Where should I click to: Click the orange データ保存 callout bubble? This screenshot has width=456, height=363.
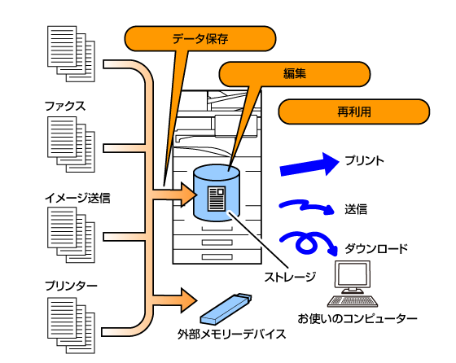click(200, 38)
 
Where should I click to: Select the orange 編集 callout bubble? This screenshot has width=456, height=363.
click(294, 74)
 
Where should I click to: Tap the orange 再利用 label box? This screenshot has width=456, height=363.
click(354, 112)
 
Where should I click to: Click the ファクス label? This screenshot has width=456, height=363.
click(65, 106)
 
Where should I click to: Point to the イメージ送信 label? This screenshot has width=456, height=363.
click(77, 198)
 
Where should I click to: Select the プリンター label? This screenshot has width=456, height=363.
click(71, 286)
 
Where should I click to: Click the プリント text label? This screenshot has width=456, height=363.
click(365, 160)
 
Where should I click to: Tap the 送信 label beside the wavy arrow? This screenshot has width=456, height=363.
click(356, 209)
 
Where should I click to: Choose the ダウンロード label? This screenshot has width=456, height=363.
click(376, 249)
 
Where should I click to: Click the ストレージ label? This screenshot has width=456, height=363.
click(290, 277)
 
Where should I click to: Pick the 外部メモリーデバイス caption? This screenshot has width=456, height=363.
click(232, 335)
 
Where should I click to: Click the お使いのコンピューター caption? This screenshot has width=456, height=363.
click(357, 319)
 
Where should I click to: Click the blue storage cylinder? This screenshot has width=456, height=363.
click(217, 193)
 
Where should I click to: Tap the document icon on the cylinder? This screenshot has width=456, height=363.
click(217, 199)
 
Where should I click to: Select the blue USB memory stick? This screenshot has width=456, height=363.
click(226, 309)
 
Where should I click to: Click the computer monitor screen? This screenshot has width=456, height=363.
click(353, 274)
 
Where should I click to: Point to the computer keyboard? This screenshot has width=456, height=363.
click(353, 301)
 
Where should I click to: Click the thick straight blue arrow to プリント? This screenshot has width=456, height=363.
click(309, 164)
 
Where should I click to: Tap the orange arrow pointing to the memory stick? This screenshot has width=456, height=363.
click(175, 300)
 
